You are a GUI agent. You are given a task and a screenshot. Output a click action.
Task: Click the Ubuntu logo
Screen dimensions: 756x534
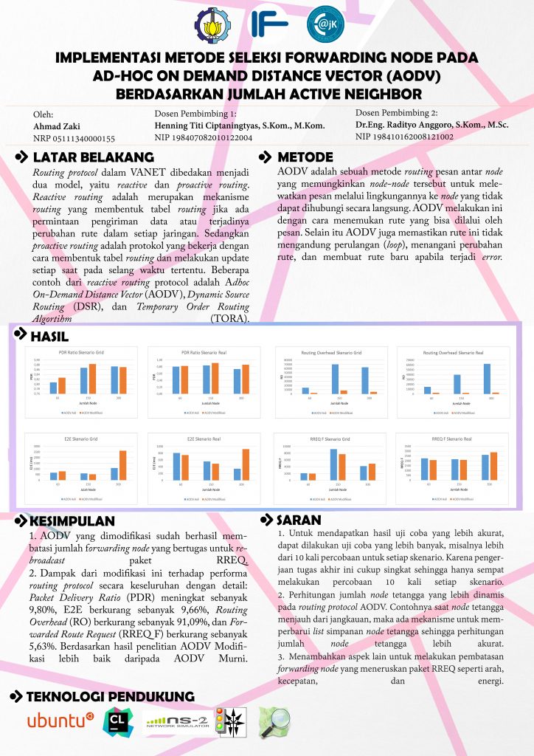coord(60,720)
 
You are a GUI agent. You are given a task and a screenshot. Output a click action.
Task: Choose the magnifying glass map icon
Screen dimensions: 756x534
coord(273,720)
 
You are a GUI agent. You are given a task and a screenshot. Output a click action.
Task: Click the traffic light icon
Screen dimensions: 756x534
coord(219,721)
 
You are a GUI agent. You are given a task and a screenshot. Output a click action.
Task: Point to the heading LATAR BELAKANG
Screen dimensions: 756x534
coord(93,157)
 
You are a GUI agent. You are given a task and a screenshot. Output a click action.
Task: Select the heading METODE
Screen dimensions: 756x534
coord(305,157)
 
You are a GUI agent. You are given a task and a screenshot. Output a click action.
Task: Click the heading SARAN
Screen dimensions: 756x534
coord(299,519)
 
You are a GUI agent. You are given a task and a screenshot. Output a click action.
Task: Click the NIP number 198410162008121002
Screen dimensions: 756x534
coord(404,137)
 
